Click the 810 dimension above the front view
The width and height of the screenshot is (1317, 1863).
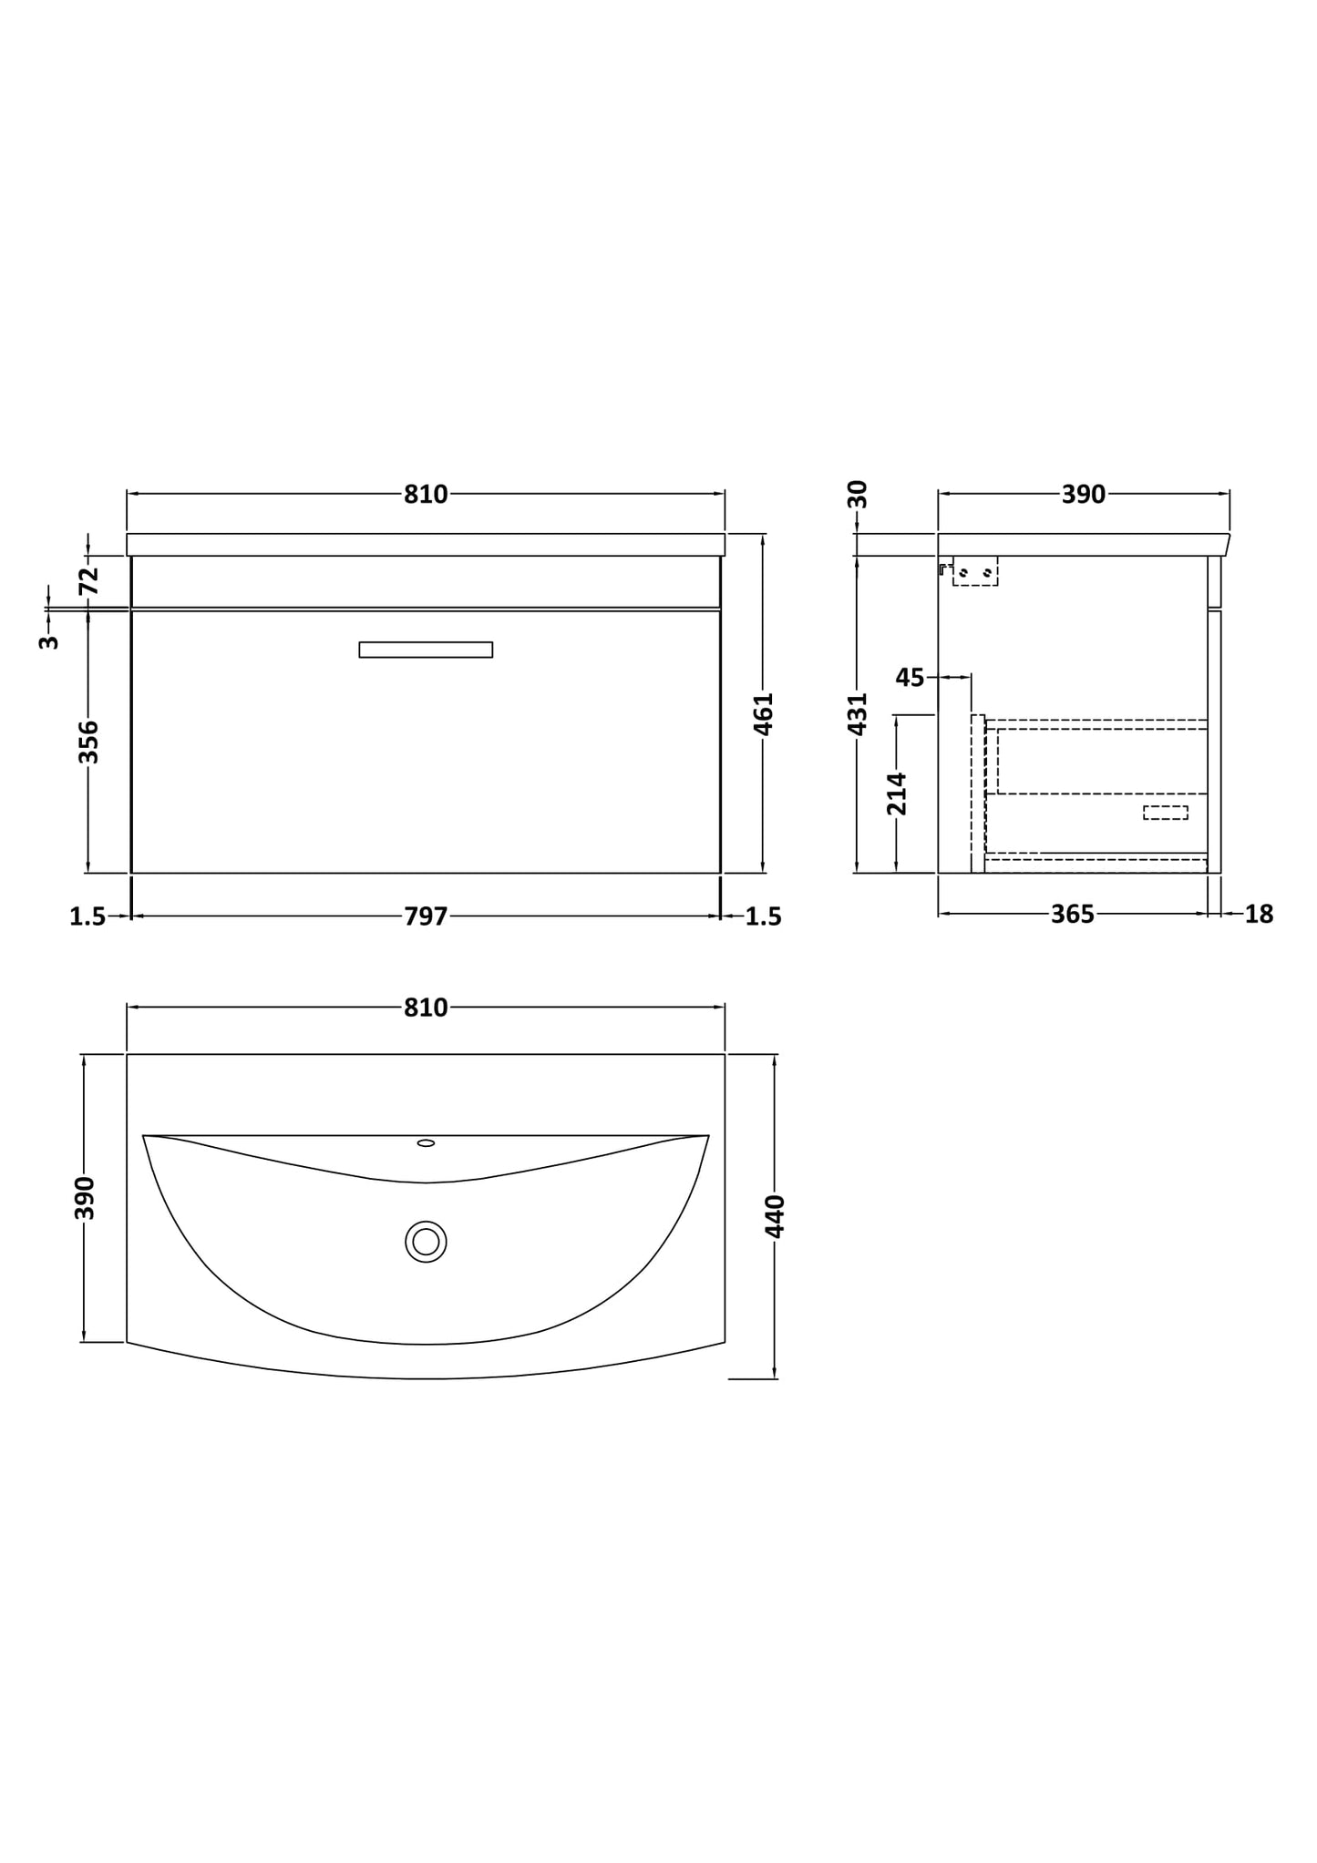pyautogui.click(x=426, y=495)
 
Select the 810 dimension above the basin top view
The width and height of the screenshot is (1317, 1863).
pyautogui.click(x=426, y=1008)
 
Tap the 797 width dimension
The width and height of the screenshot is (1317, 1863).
pyautogui.click(x=426, y=916)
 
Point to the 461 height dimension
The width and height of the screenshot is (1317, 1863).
pyautogui.click(x=764, y=713)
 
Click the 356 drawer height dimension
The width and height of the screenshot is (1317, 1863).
pyautogui.click(x=88, y=742)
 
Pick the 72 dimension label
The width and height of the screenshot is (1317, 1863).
pyautogui.click(x=88, y=580)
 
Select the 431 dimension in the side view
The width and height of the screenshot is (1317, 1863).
pyautogui.click(x=858, y=713)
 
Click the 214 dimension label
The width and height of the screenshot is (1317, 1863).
pyautogui.click(x=897, y=793)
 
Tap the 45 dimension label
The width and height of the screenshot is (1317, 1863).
pyautogui.click(x=910, y=678)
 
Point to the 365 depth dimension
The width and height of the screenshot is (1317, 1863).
pyautogui.click(x=1072, y=915)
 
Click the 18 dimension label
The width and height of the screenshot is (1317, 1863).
pyautogui.click(x=1259, y=915)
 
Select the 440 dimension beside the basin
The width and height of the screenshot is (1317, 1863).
pyautogui.click(x=775, y=1216)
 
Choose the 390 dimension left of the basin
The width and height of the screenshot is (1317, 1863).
pyautogui.click(x=84, y=1197)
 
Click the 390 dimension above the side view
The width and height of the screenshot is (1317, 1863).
pyautogui.click(x=1083, y=495)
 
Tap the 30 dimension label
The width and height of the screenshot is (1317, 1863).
pyautogui.click(x=858, y=495)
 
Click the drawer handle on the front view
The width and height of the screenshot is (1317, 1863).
pyautogui.click(x=426, y=650)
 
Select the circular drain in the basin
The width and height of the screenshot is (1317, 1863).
pyautogui.click(x=426, y=1242)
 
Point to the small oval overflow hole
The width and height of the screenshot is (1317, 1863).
pyautogui.click(x=426, y=1142)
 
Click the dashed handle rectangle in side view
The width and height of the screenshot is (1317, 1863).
pyautogui.click(x=1165, y=813)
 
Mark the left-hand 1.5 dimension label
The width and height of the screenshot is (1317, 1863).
pyautogui.click(x=87, y=916)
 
